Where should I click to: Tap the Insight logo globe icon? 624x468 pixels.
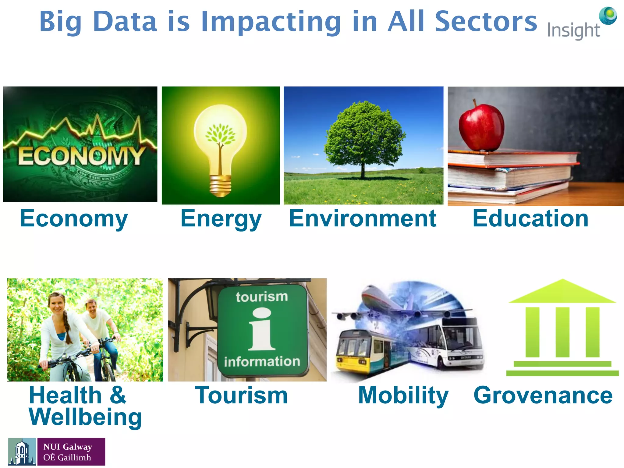coord(608,16)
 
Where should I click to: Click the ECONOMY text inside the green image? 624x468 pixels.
coord(81,156)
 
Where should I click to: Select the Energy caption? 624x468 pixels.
coord(221,219)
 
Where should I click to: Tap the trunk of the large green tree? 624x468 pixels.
coord(363,171)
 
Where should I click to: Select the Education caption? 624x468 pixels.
coord(530,218)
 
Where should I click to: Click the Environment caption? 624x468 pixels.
coord(363,218)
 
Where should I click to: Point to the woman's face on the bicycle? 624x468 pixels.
coord(57,304)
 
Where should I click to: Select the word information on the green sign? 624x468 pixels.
coord(262,362)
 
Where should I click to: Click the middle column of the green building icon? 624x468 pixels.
coord(562,332)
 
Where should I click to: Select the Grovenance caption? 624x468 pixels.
coord(543,395)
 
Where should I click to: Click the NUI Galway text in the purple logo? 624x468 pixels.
coord(68,447)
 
